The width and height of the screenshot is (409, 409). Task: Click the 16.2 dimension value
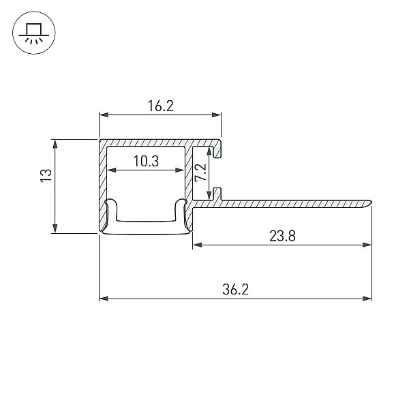[x=160, y=106]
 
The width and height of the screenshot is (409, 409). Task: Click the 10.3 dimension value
[x=146, y=161]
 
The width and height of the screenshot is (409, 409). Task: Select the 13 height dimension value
[x=46, y=176]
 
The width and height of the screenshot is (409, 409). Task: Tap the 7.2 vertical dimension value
[x=201, y=172]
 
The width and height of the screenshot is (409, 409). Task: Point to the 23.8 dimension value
[x=282, y=236]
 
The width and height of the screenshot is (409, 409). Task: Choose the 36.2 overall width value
[x=236, y=290]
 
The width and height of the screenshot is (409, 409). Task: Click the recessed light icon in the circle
[x=34, y=33]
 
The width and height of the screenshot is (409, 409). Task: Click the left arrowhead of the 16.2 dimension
[x=104, y=115]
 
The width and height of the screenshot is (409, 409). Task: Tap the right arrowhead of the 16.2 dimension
[x=217, y=115]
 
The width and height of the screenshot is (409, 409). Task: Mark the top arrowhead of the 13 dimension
[x=55, y=145]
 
